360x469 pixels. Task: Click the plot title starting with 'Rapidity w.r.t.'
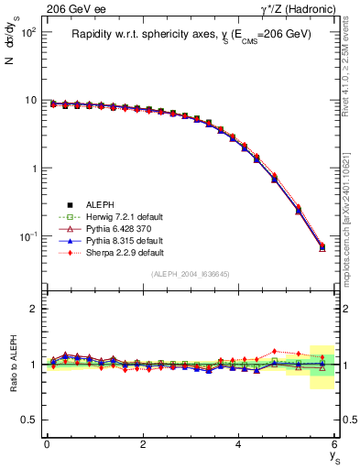pyautogui.click(x=191, y=34)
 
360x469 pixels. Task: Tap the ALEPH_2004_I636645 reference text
pyautogui.click(x=191, y=275)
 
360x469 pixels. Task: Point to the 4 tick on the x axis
pyautogui.click(x=238, y=444)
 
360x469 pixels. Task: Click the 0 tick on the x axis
pyautogui.click(x=47, y=444)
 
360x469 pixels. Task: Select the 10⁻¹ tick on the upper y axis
pyautogui.click(x=27, y=236)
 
